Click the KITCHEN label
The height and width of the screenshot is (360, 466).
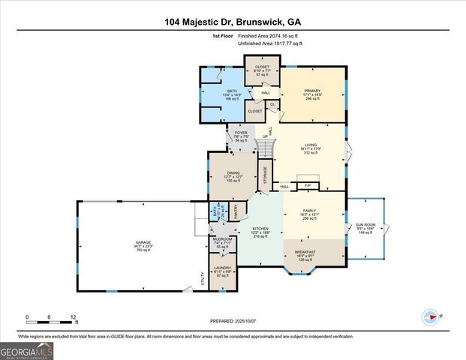coord(260,228)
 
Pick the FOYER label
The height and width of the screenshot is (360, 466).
coord(241,132)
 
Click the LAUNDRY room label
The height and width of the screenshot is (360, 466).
coord(222,267)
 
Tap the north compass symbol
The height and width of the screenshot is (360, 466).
coord(431,315)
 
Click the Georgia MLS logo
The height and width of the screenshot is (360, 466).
coord(27,350)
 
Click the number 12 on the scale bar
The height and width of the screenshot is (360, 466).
coord(74,317)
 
